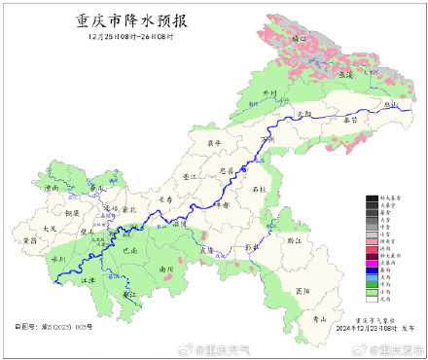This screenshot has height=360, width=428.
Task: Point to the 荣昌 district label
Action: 29,239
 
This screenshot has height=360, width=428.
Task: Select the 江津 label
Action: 90,279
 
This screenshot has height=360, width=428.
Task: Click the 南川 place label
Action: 165,269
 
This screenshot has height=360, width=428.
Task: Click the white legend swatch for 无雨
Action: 372,305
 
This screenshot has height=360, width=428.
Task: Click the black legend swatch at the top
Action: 372,198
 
